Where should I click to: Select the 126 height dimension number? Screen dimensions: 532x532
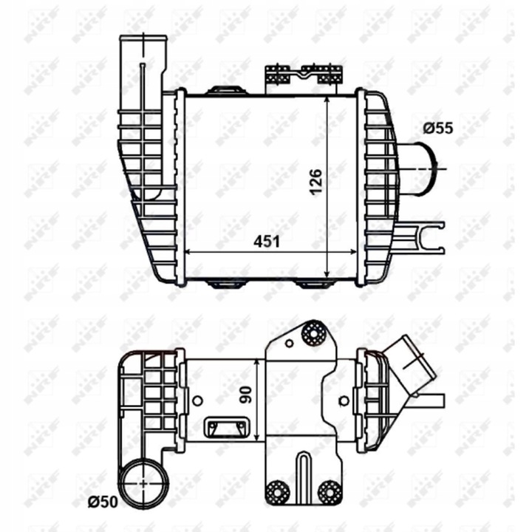coord(315,182)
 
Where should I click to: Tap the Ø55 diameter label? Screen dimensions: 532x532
coord(438,128)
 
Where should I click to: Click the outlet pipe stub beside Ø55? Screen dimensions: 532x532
coord(419,169)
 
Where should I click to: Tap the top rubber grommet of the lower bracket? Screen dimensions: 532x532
coord(314,334)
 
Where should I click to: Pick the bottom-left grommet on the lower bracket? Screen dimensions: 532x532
coord(278,492)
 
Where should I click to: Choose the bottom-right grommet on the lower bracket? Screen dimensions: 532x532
coord(329,492)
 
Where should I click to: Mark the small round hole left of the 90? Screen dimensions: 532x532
coord(197,401)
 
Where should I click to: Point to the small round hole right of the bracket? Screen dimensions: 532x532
coord(344,401)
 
